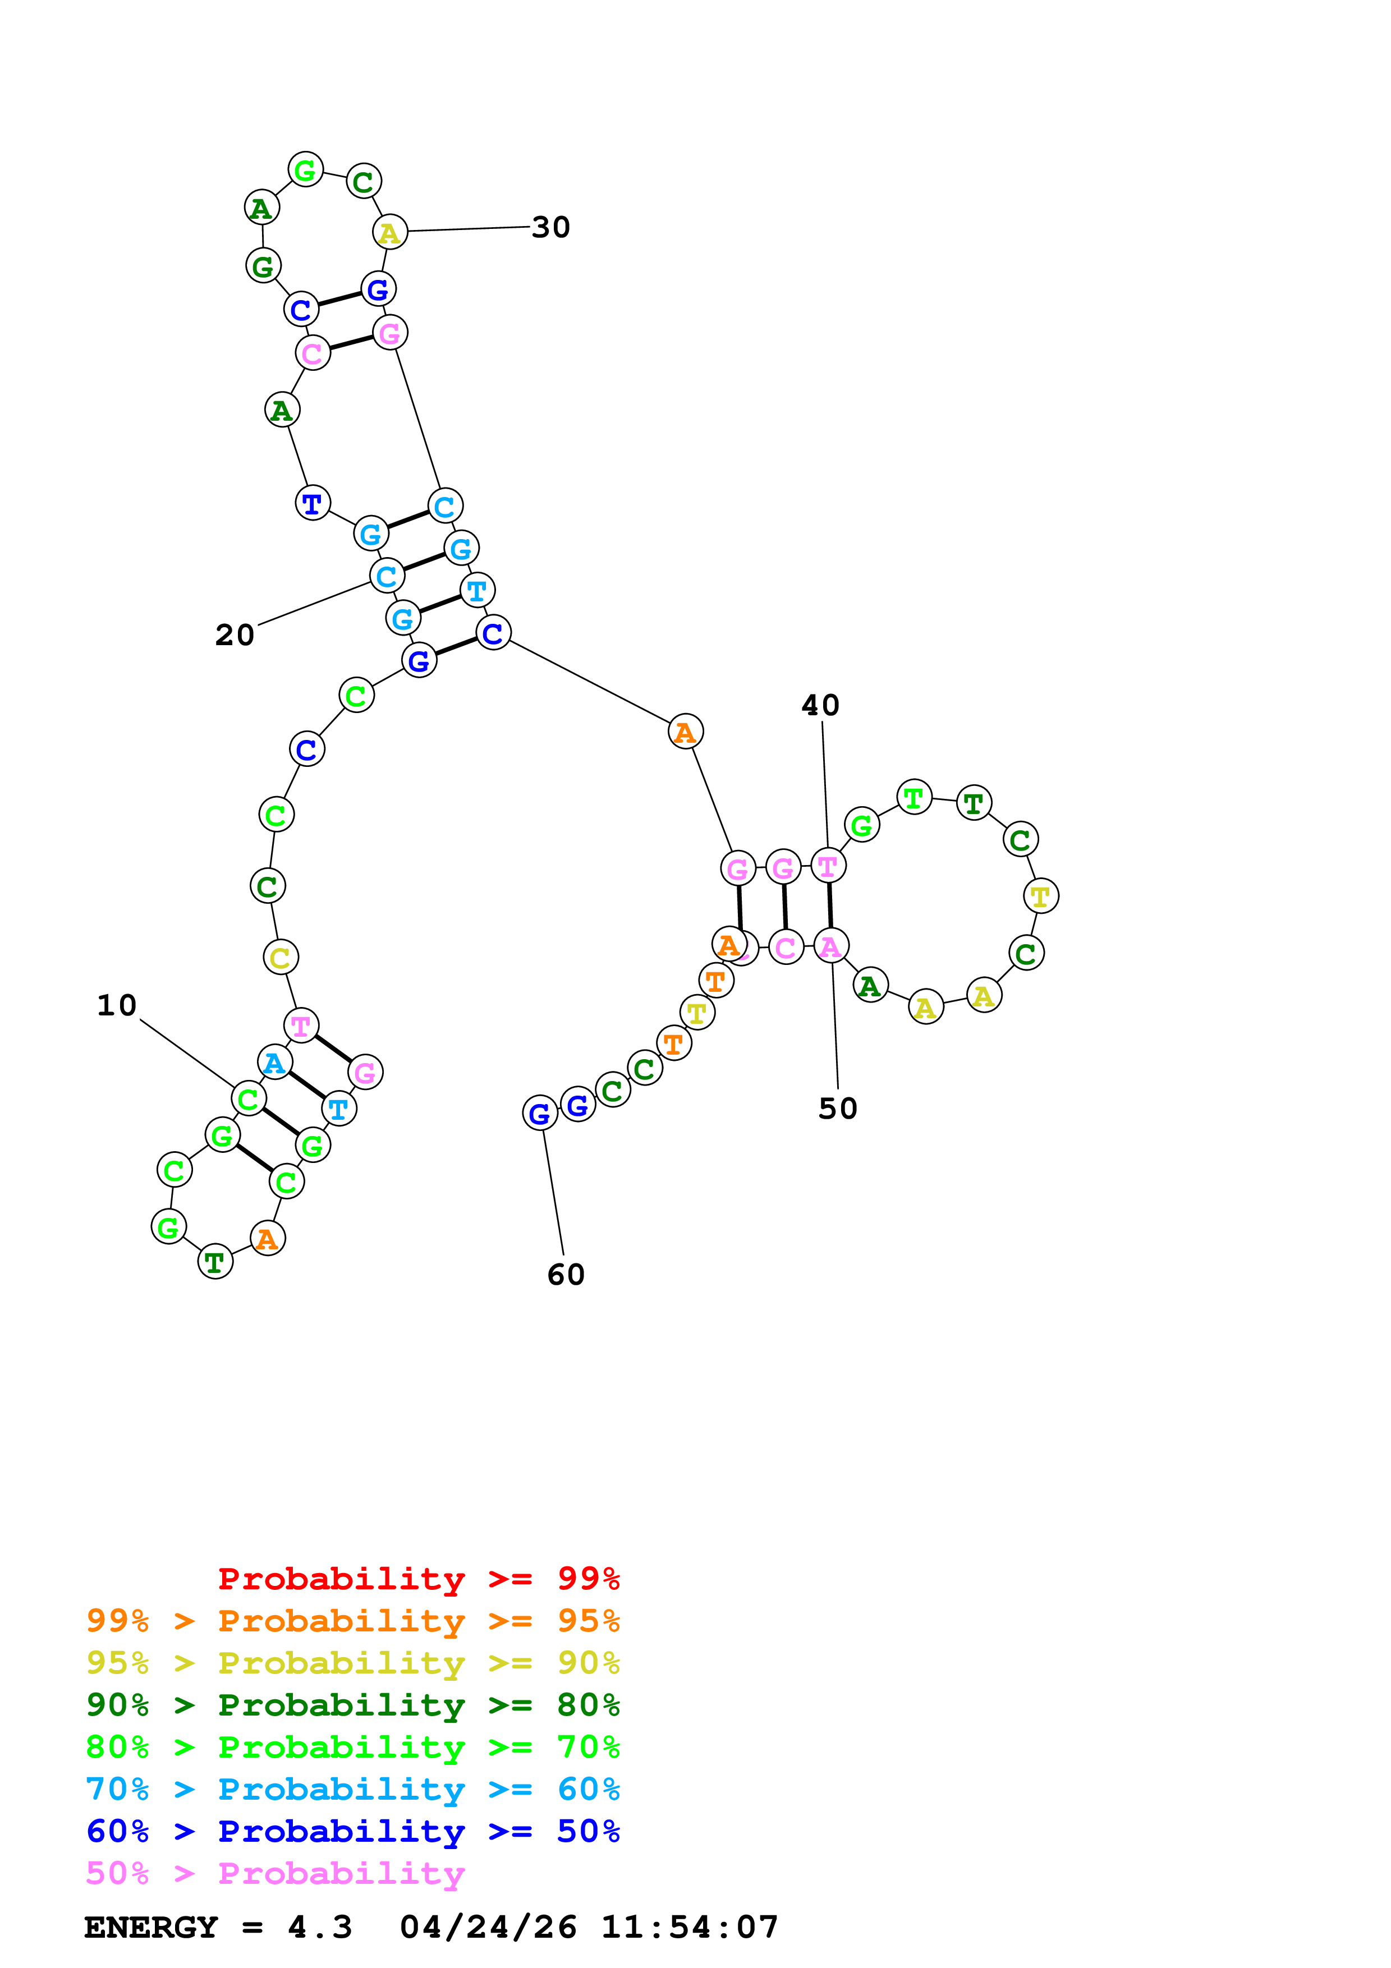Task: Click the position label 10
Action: [117, 1005]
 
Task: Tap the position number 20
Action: [234, 635]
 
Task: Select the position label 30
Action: [550, 227]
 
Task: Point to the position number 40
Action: [820, 705]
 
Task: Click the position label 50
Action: [837, 1109]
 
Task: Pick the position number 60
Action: [566, 1275]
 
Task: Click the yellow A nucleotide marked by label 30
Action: [389, 232]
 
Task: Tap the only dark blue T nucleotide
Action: [313, 503]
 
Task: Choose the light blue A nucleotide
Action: [275, 1063]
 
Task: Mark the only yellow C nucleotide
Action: [280, 958]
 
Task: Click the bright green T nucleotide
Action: [913, 798]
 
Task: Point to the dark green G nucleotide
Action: [263, 266]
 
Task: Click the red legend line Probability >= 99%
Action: [418, 1578]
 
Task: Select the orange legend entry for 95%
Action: [352, 1620]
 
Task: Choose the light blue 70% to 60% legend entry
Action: [352, 1789]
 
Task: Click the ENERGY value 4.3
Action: [320, 1928]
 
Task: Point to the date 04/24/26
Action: [488, 1928]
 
